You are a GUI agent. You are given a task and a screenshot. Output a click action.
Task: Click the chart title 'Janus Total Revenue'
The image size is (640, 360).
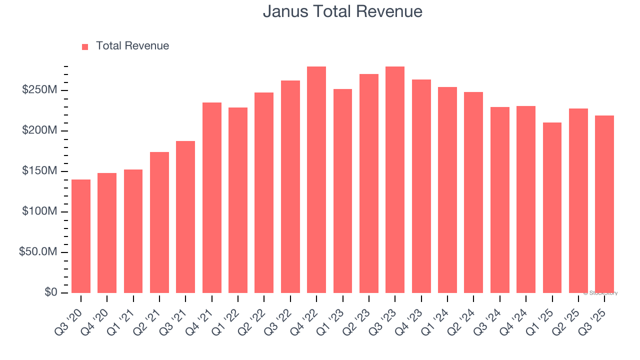tap(342, 11)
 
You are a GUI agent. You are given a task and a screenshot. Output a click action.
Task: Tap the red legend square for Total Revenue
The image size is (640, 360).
tap(85, 46)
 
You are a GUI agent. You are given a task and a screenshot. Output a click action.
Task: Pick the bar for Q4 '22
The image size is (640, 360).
tap(316, 179)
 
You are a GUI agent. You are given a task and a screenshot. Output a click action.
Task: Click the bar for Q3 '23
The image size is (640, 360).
tap(395, 179)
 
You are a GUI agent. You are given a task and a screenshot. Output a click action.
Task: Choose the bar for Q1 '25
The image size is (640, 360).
tap(552, 207)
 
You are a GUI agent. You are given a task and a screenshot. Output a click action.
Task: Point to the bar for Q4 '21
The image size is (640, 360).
tap(212, 197)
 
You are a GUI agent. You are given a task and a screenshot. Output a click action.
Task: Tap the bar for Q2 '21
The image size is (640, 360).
tap(159, 222)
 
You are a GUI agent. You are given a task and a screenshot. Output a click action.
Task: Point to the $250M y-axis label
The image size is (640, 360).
tap(39, 90)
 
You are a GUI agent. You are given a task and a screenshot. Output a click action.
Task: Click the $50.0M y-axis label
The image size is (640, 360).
tap(38, 252)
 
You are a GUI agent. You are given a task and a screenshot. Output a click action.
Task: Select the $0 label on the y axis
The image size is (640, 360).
tap(50, 292)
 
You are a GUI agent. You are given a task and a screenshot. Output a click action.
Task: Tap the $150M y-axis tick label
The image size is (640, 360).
tap(39, 171)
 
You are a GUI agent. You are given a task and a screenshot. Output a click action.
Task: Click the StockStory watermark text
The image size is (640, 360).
tap(600, 293)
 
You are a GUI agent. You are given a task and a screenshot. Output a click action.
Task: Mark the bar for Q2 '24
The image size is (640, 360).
tap(473, 192)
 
